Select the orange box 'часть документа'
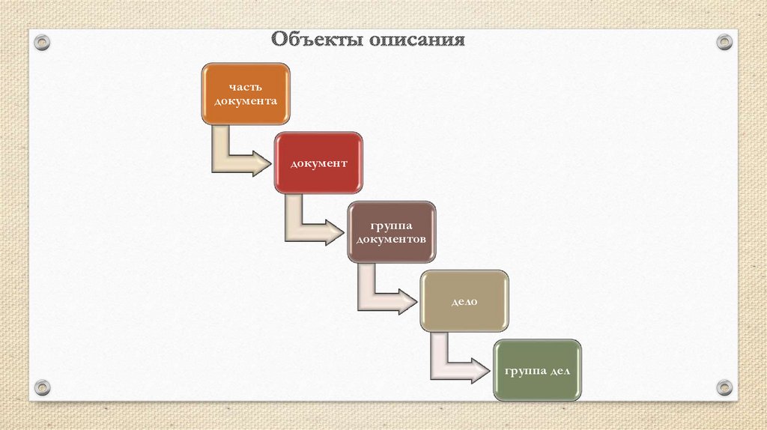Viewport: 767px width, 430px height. [246, 94]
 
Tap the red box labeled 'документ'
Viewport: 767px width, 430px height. [318, 163]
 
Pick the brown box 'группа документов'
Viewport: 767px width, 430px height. [391, 231]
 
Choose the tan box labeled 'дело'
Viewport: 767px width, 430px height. [464, 300]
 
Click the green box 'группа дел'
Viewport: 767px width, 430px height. [537, 369]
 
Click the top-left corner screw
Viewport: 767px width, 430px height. [43, 41]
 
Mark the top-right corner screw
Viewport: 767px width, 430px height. [724, 42]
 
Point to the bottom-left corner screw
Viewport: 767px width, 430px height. [43, 387]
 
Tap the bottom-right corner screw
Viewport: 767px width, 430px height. [724, 387]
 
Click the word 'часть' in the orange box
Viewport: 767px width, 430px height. [246, 86]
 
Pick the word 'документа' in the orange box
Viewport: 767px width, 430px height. [246, 101]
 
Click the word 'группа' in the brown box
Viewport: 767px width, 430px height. [391, 225]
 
